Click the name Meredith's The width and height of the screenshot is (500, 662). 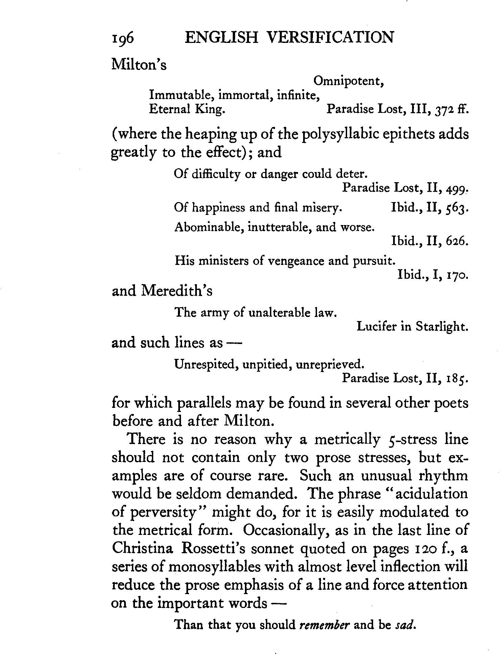click(177, 291)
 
